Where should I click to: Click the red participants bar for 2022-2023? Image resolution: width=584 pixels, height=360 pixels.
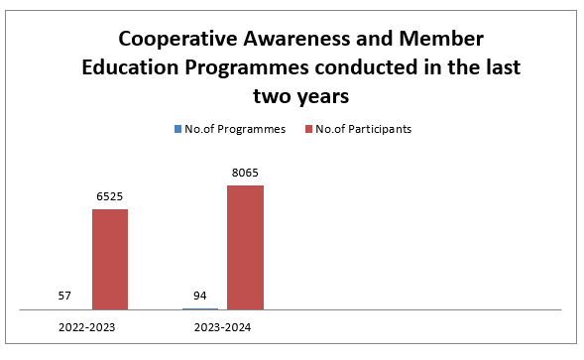tap(110, 260)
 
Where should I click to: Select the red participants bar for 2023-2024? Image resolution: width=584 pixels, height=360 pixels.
tap(246, 248)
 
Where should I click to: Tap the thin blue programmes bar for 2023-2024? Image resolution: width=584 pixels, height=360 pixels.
tap(200, 309)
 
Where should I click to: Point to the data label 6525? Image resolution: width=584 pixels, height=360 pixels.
tap(109, 196)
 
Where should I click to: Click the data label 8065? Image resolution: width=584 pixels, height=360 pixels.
tap(245, 173)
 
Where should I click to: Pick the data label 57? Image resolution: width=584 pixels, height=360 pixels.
tap(64, 296)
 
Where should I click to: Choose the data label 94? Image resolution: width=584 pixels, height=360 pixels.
tap(200, 296)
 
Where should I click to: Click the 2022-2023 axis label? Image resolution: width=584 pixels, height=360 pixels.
tap(87, 327)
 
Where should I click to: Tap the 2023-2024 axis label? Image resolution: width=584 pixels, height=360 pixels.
tap(222, 327)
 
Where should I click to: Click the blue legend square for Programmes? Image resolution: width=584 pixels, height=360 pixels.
tap(178, 129)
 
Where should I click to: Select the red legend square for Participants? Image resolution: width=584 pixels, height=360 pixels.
tap(308, 129)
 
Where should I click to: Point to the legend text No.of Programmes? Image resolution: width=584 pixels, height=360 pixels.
tap(235, 129)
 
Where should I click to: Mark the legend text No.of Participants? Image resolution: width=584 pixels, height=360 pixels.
tap(364, 129)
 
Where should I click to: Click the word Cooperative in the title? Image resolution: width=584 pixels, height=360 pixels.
tap(178, 39)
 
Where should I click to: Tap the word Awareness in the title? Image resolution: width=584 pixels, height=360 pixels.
tap(297, 39)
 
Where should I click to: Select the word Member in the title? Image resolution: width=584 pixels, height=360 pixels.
tap(441, 39)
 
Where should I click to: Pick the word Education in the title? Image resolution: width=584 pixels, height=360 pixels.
tap(130, 67)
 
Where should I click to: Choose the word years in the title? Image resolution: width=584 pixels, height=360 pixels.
tap(323, 97)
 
